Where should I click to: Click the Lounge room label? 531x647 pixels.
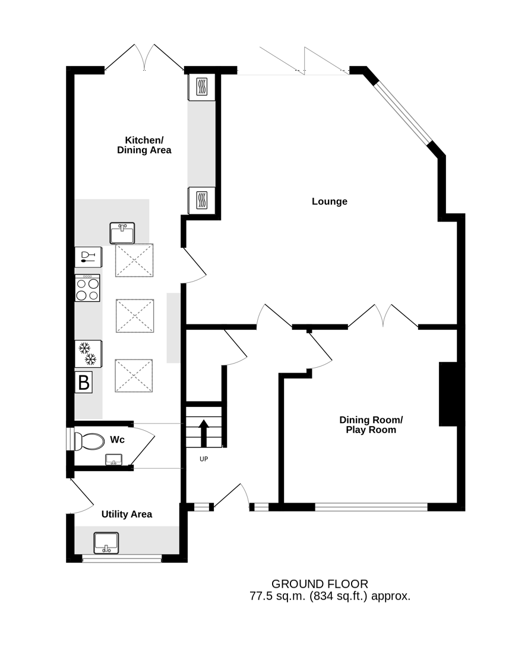[x=329, y=201]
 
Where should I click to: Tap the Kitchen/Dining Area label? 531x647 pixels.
[x=144, y=145]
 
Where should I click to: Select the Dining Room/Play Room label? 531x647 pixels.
[x=371, y=425]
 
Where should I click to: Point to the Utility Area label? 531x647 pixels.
[x=127, y=514]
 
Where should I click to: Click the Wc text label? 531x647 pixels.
[x=117, y=440]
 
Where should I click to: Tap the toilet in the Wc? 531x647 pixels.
[x=88, y=441]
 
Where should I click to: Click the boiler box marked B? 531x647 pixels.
[x=83, y=383]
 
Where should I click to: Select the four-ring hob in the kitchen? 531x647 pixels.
[x=87, y=288]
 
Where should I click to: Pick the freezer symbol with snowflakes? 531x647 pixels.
[x=88, y=354]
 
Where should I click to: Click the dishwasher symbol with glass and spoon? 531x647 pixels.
[x=88, y=257]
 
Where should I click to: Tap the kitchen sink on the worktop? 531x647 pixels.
[x=122, y=233]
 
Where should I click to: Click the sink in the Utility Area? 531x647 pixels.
[x=106, y=543]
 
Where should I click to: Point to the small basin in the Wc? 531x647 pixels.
[x=114, y=460]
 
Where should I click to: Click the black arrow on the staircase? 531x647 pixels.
[x=204, y=433]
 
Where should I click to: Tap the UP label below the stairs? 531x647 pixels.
[x=204, y=459]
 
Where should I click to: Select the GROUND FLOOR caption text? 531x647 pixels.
[x=320, y=584]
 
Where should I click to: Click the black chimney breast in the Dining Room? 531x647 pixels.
[x=448, y=394]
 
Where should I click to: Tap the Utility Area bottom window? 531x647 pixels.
[x=122, y=558]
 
